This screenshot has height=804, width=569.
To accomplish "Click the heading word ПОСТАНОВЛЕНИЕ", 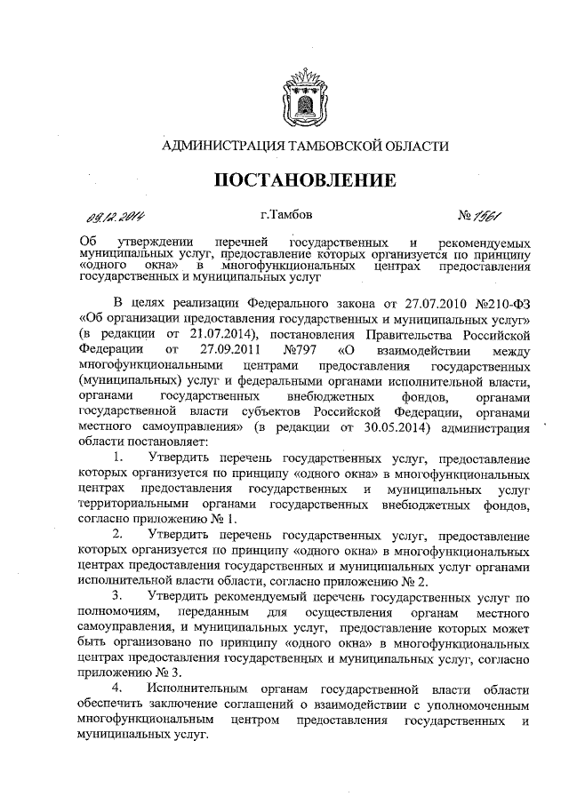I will point(306,181).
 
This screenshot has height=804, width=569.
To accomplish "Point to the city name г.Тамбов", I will point(284,214).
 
